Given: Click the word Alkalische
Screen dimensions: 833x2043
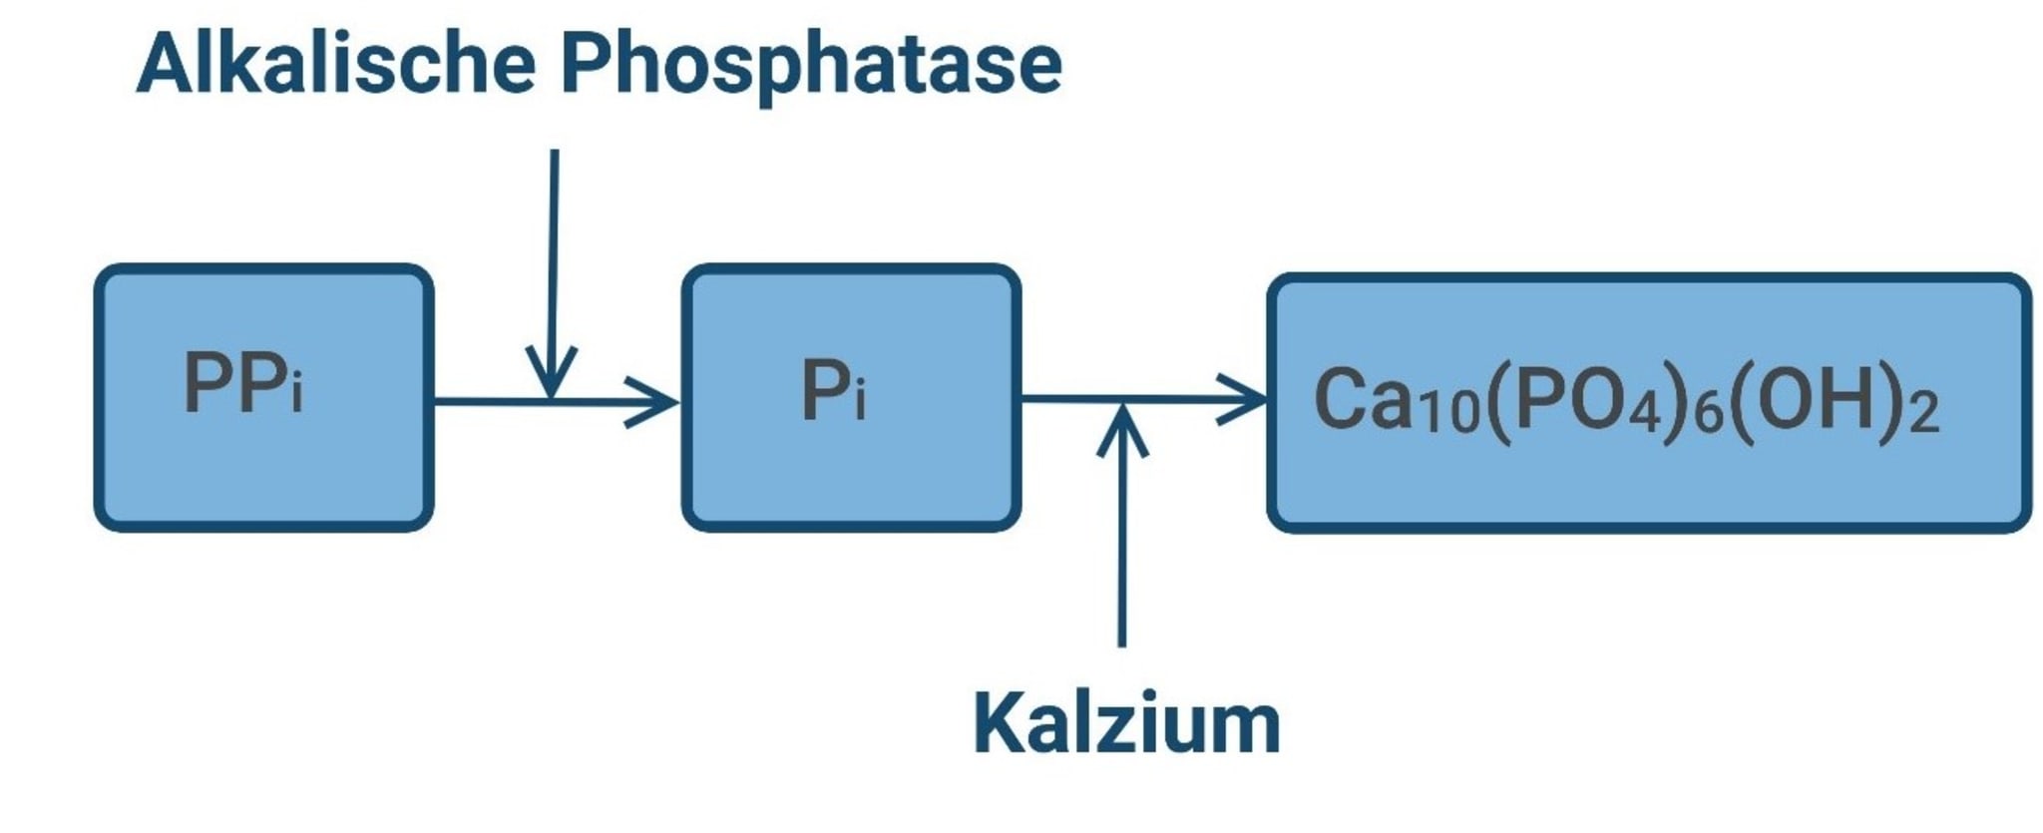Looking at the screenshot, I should point(335,64).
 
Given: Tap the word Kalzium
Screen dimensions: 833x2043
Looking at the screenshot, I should point(1126,723).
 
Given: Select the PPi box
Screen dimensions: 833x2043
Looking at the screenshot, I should point(263,397).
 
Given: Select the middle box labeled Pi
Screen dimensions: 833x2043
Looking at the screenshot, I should point(851,397).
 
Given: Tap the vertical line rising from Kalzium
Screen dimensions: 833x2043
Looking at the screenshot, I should point(1122,549).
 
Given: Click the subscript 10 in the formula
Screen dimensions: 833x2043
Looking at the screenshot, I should point(1450,411).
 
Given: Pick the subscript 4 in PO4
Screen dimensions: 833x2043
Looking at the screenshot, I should point(1643,411).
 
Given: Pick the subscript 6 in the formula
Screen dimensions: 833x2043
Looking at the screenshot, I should point(1709,411).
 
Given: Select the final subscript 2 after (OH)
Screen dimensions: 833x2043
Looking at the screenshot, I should point(1924,411).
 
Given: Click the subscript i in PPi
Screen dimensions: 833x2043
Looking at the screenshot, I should point(296,392).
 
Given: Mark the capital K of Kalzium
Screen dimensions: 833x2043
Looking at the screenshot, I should point(1001,723).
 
